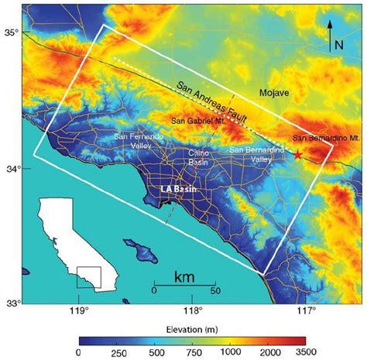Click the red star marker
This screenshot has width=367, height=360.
pyautogui.click(x=298, y=155)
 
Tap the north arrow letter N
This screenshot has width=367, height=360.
pyautogui.click(x=338, y=44)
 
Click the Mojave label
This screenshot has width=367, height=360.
pyautogui.click(x=273, y=93)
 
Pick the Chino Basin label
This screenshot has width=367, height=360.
pyautogui.click(x=199, y=158)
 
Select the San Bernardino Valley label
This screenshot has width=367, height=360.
pyautogui.click(x=252, y=153)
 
